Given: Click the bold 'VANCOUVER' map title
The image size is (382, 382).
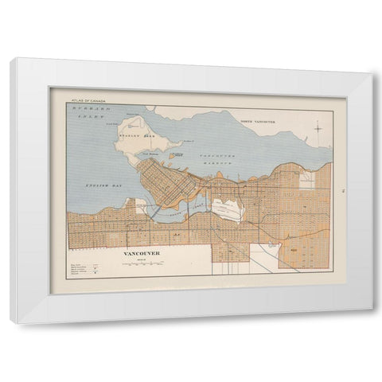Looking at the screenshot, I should [142, 253].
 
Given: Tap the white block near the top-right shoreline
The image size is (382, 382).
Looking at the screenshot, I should [306, 180].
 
